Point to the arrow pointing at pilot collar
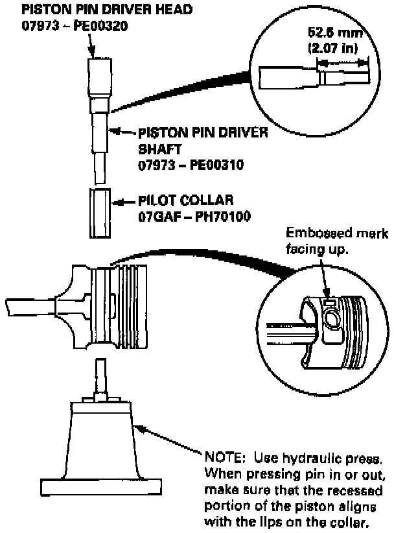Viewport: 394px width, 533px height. click(x=124, y=204)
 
